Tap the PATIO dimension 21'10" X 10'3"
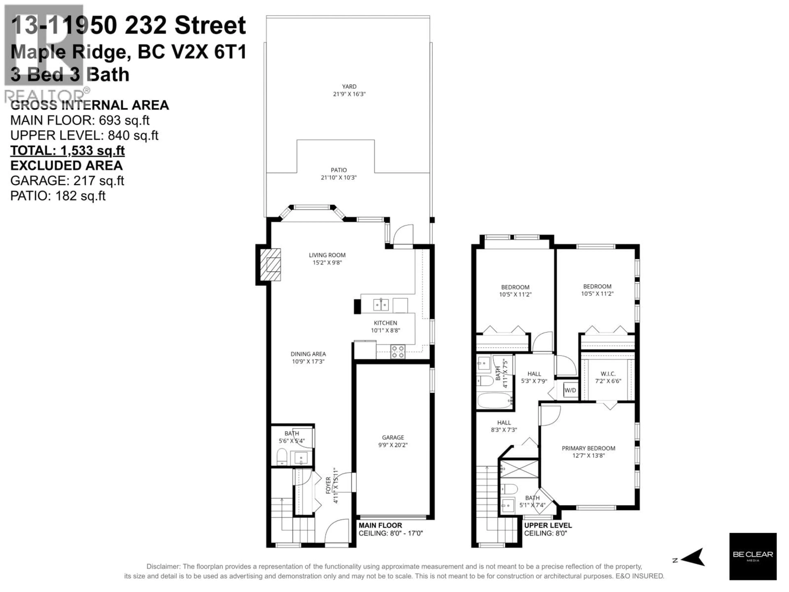coord(338,177)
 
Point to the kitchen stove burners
coord(397,351)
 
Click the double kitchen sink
coord(381,305)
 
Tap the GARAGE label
coord(393,437)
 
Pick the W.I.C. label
coord(608,374)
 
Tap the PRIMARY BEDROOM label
coord(588,448)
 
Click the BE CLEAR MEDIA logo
coord(753,556)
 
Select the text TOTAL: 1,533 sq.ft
coord(67,151)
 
